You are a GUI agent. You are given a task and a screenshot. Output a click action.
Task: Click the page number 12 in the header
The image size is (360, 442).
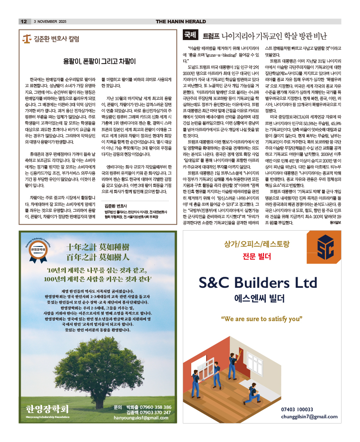click(24, 22)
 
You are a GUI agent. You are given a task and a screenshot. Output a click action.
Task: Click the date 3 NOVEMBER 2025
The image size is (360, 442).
click(50, 22)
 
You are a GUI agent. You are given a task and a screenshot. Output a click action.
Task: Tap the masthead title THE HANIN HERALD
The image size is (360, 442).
click(181, 22)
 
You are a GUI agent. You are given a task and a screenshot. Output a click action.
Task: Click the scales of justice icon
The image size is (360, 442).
click(27, 39)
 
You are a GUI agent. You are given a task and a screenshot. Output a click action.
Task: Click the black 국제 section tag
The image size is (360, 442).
click(190, 35)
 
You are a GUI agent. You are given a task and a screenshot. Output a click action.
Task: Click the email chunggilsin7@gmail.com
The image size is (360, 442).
click(309, 417)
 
